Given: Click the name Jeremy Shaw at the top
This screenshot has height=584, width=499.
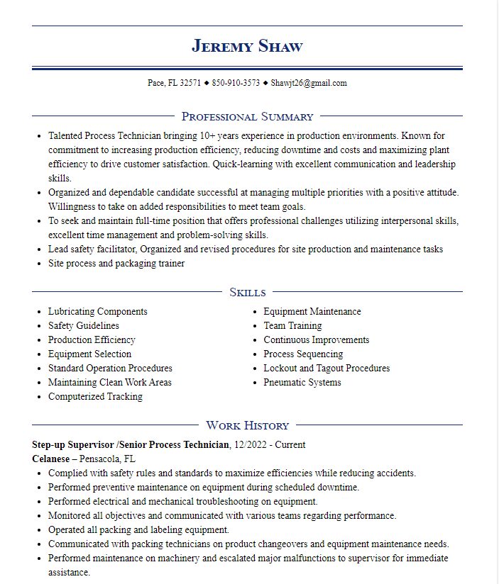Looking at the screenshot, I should (247, 47).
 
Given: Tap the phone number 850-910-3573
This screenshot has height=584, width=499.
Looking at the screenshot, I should (236, 83).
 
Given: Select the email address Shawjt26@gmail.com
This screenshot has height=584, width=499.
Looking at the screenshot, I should (309, 83).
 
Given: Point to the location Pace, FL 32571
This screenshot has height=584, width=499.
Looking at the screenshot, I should (174, 83).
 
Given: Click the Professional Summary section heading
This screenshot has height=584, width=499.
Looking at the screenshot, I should (247, 116).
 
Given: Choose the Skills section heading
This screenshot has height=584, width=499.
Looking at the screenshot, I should (247, 292).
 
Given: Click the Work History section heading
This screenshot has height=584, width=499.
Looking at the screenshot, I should (247, 425).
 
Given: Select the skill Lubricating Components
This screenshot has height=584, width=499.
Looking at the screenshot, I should (97, 312).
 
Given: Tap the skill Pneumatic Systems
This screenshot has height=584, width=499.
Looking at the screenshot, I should (302, 383).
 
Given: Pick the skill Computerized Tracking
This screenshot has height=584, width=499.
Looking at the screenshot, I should (95, 397).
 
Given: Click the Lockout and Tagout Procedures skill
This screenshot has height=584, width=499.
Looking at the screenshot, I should (327, 369).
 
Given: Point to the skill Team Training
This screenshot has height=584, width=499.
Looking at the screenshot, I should (292, 326).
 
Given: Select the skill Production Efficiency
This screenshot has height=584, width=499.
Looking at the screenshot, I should (92, 340).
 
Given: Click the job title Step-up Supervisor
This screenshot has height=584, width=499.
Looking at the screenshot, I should (74, 445).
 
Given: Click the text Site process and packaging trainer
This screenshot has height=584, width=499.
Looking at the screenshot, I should (116, 264).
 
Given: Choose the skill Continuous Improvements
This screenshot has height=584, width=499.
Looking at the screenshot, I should (316, 340).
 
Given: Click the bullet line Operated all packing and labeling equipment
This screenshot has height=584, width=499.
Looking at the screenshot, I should (138, 530).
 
